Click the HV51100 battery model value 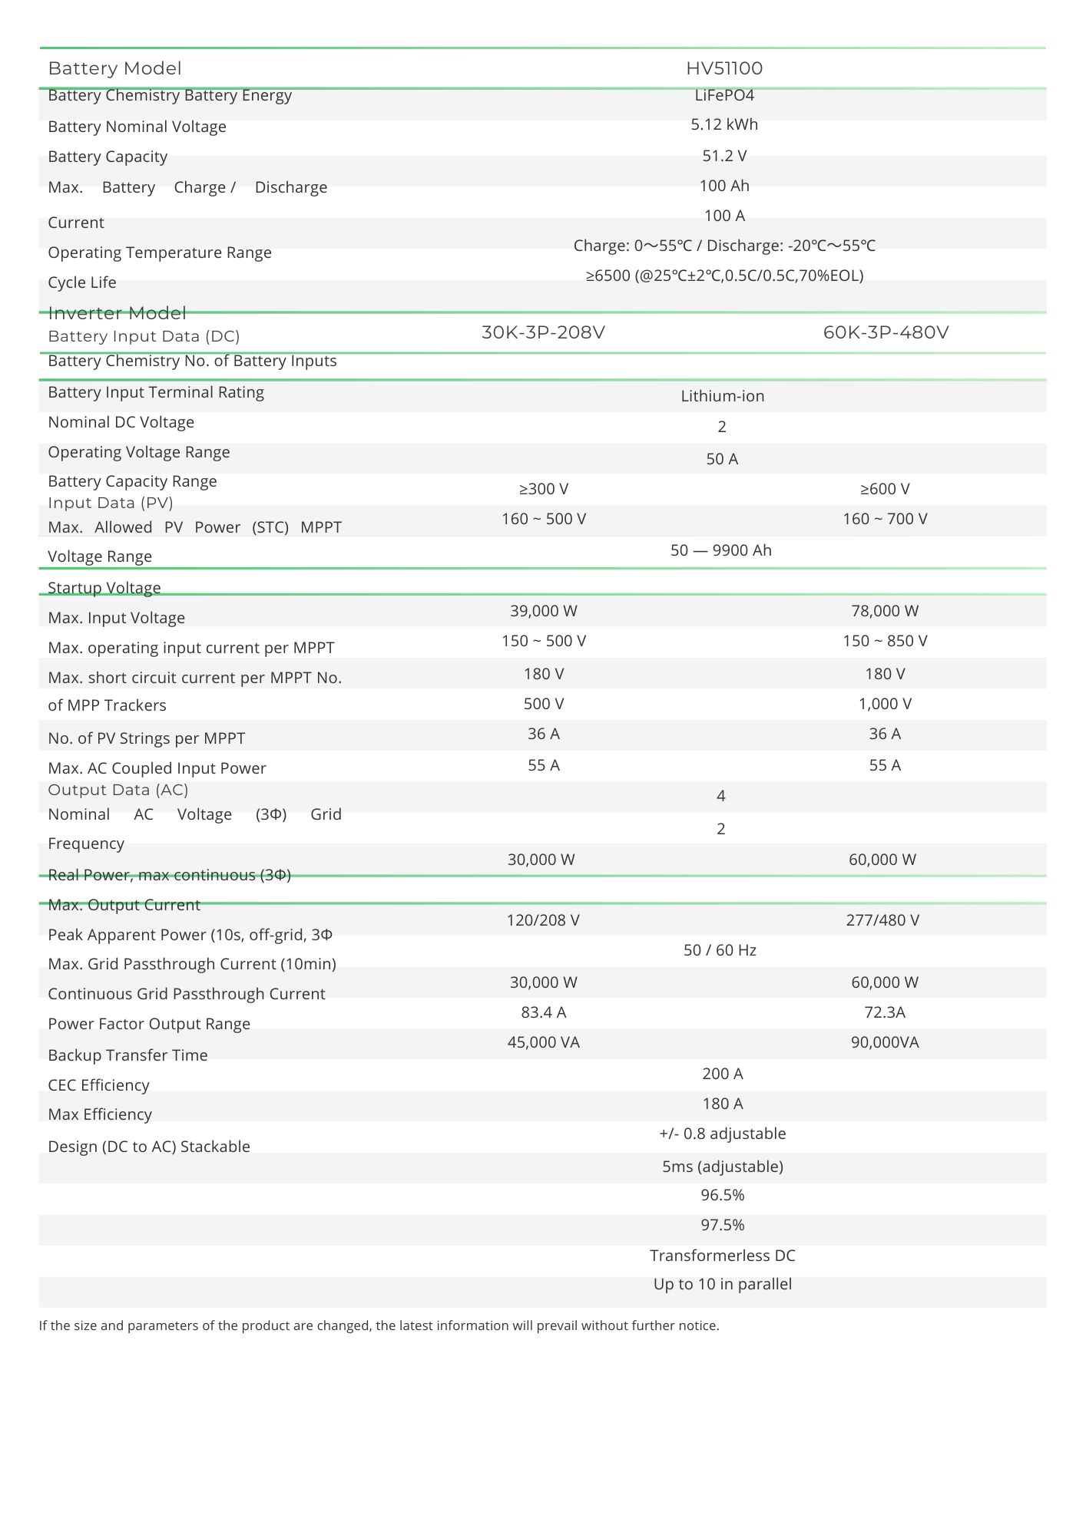723,69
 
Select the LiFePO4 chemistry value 723,96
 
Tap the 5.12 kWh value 723,125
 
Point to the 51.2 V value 723,157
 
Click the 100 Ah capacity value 723,187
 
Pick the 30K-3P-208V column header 543,333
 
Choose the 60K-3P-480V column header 886,333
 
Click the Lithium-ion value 722,397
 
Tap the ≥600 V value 885,490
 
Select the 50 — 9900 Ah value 720,551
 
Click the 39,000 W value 543,612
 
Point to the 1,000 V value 885,705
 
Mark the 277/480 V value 882,921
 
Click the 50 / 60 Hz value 720,951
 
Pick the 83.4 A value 543,1013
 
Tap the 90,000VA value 885,1043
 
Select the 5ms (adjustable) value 722,1167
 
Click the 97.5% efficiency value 722,1226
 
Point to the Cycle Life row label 82,283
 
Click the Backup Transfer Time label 127,1056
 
